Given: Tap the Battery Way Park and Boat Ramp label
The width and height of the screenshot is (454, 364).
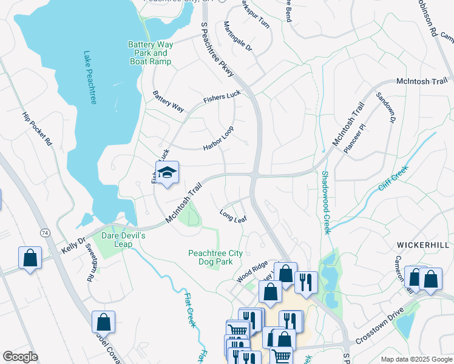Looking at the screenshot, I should click(150, 53).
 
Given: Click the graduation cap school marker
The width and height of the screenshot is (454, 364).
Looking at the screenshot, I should click(167, 174).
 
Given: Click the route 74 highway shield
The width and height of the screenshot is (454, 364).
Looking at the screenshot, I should click(45, 232).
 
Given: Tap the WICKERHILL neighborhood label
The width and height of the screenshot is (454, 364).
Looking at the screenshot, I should click(422, 244).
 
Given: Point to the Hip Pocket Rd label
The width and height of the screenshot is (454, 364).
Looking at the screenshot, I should click(37, 129).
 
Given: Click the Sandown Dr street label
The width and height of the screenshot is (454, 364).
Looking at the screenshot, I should click(385, 109).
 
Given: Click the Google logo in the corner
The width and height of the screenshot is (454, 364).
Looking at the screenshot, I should click(21, 357).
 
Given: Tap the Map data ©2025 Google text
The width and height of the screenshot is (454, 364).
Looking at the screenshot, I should click(416, 359).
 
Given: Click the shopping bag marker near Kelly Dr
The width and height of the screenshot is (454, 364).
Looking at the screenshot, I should click(30, 257).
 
